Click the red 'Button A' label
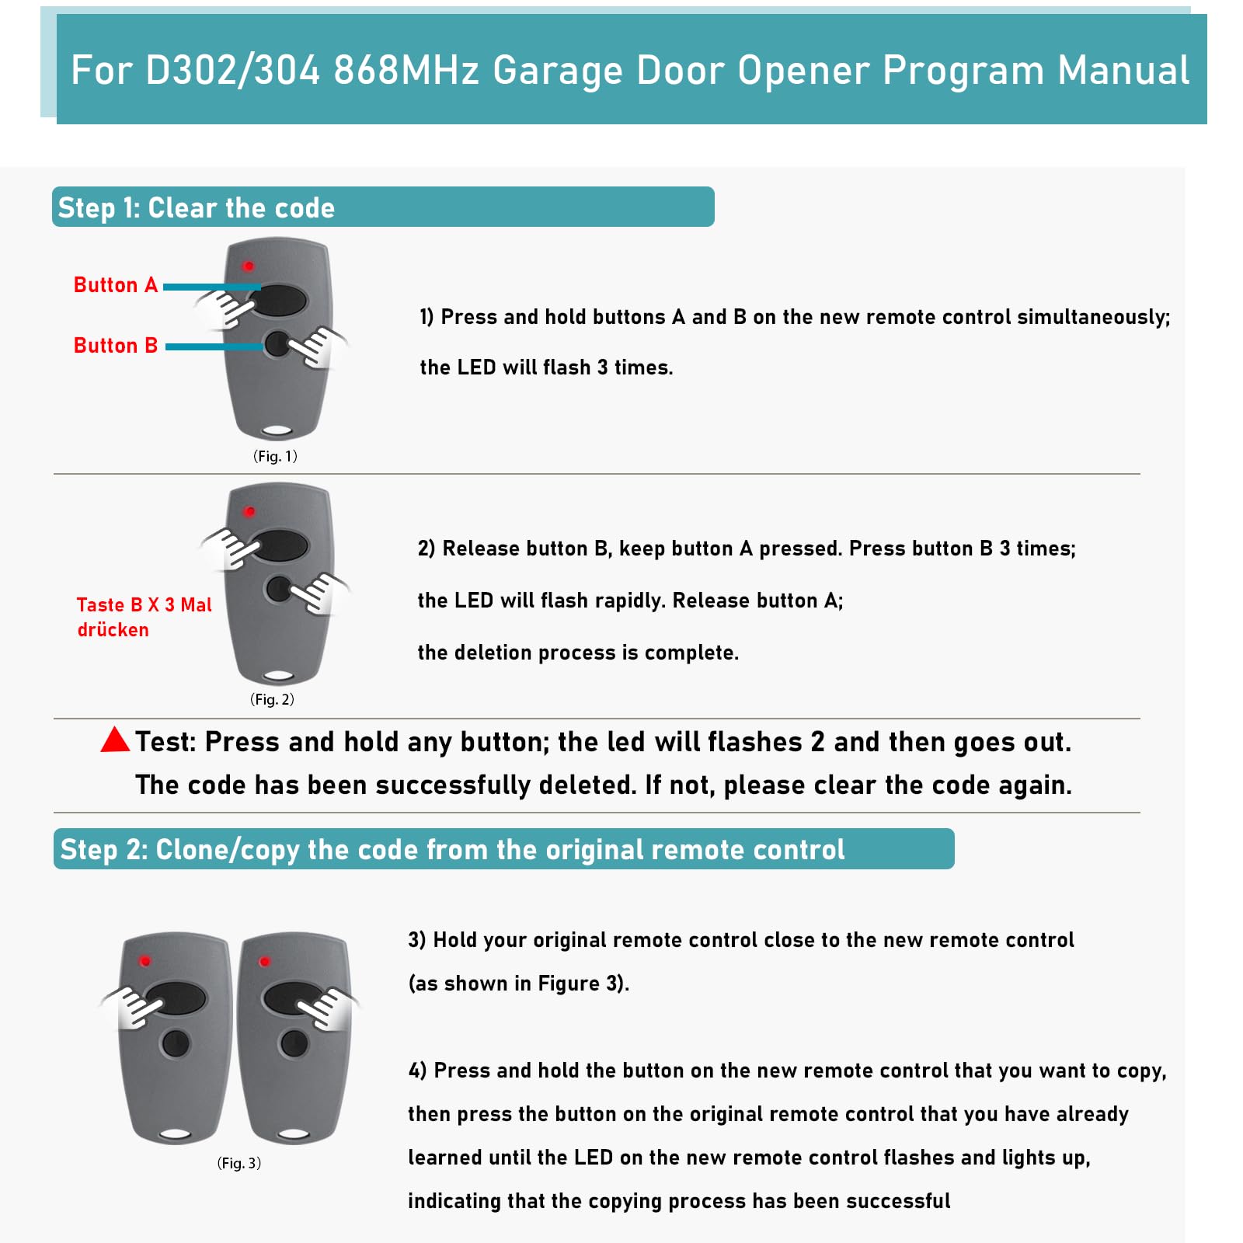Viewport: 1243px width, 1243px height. [x=115, y=285]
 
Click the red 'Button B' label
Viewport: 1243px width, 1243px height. [x=115, y=346]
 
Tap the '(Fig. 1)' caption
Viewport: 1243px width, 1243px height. [x=275, y=456]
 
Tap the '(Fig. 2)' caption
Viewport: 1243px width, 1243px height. [x=272, y=699]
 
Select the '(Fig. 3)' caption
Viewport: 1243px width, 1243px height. [x=239, y=1163]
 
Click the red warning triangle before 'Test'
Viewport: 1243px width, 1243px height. [x=115, y=740]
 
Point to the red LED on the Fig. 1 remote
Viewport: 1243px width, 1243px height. [x=249, y=266]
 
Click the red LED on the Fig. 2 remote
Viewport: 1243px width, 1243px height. [x=249, y=512]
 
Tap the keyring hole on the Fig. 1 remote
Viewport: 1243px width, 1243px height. [x=277, y=430]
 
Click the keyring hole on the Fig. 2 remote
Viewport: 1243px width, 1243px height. [x=278, y=676]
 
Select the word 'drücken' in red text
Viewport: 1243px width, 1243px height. [x=113, y=630]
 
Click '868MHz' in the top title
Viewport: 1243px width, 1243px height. [x=406, y=70]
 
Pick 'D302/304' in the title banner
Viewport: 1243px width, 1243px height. [x=232, y=70]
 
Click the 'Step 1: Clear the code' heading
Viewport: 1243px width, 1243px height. [x=197, y=208]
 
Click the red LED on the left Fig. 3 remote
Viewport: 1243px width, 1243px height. [x=144, y=962]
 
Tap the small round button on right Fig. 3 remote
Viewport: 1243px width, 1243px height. [x=294, y=1043]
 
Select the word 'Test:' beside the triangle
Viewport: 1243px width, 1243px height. [x=165, y=743]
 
